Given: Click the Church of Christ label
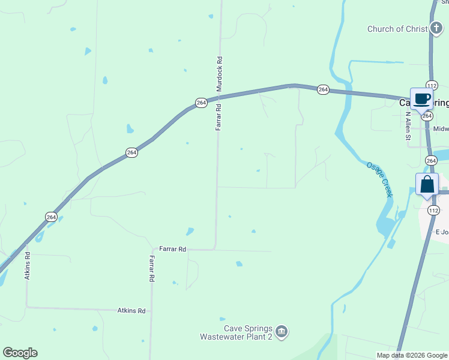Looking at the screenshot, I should (397, 29).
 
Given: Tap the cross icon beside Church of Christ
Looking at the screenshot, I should (436, 28).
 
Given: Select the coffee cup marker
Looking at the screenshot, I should (422, 98).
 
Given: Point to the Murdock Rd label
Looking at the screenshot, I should (220, 74).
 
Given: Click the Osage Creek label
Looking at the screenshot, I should (378, 179).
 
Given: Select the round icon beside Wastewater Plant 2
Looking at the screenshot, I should (282, 331).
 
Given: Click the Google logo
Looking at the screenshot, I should (20, 353).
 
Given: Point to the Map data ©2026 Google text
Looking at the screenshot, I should (412, 355).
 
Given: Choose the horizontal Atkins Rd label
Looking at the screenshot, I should (131, 311).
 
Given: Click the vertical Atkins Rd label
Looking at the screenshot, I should (27, 266).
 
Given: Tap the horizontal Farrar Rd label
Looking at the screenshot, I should (172, 248).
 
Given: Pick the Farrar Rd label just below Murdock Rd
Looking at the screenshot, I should (219, 117).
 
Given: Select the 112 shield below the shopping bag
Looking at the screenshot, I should (433, 210).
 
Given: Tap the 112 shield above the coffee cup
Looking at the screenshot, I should (432, 85).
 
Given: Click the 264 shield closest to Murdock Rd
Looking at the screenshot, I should (201, 103).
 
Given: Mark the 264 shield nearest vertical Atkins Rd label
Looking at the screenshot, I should (52, 217).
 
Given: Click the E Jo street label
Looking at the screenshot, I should (442, 232).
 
